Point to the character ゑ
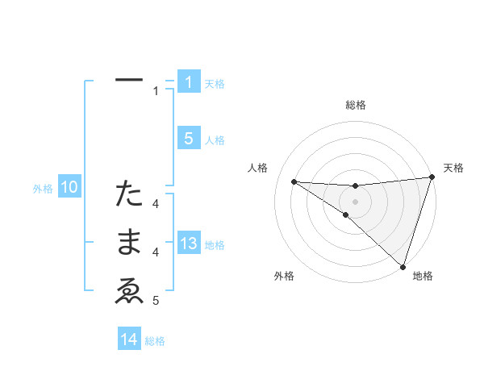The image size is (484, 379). pos(129,292)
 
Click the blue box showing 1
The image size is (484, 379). pos(189,82)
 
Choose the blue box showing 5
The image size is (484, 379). pos(189,139)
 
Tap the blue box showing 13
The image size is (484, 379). pos(189,244)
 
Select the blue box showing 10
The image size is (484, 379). pos(69,188)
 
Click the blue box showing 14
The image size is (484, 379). pos(129,339)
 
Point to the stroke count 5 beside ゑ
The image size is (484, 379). pos(156,301)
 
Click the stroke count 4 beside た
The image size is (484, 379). pos(156,204)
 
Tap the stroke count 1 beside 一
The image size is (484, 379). pos(156,91)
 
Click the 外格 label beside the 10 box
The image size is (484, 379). pos(43,189)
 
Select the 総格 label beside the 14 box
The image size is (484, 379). pos(155,341)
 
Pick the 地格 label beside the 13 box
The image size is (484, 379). pos(215,245)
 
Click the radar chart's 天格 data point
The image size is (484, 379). pos(432,177)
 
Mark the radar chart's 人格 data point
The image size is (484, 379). pos(294,181)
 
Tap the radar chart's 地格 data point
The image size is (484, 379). pos(403,266)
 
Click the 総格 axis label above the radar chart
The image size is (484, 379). pos(355,105)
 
